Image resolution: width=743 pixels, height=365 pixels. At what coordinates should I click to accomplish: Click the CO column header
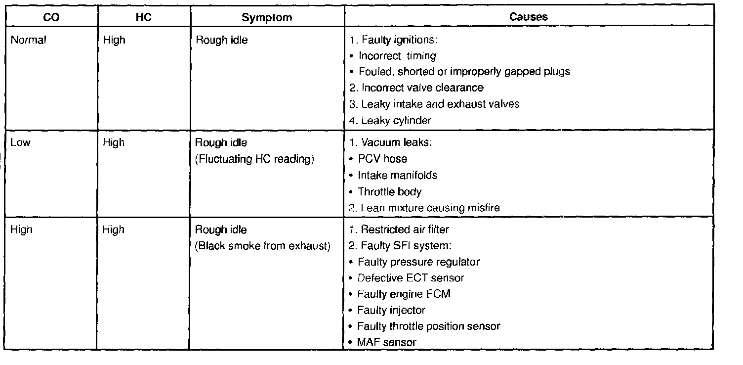[x=51, y=17]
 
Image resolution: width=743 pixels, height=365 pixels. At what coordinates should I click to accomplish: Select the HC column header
[x=143, y=17]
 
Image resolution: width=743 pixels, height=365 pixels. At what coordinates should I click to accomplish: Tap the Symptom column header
[x=267, y=17]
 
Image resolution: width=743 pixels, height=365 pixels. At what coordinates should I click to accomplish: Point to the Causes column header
[x=529, y=17]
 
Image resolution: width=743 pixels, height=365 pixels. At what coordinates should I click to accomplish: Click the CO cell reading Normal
[x=28, y=40]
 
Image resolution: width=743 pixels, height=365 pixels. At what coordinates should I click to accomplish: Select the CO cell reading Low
[x=20, y=142]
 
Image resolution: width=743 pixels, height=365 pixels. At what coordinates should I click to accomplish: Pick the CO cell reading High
[x=21, y=229]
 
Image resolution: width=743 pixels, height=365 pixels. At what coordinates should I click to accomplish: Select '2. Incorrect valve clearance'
[x=416, y=88]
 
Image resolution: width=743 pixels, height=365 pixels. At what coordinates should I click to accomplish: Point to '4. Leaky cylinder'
[x=390, y=120]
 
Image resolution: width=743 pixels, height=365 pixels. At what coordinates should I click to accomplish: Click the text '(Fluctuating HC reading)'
[x=255, y=159]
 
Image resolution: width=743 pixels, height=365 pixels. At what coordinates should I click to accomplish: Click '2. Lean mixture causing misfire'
[x=424, y=208]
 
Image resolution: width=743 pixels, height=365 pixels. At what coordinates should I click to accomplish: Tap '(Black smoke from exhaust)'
[x=263, y=246]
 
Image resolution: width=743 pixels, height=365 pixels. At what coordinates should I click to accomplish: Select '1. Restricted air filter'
[x=399, y=229]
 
